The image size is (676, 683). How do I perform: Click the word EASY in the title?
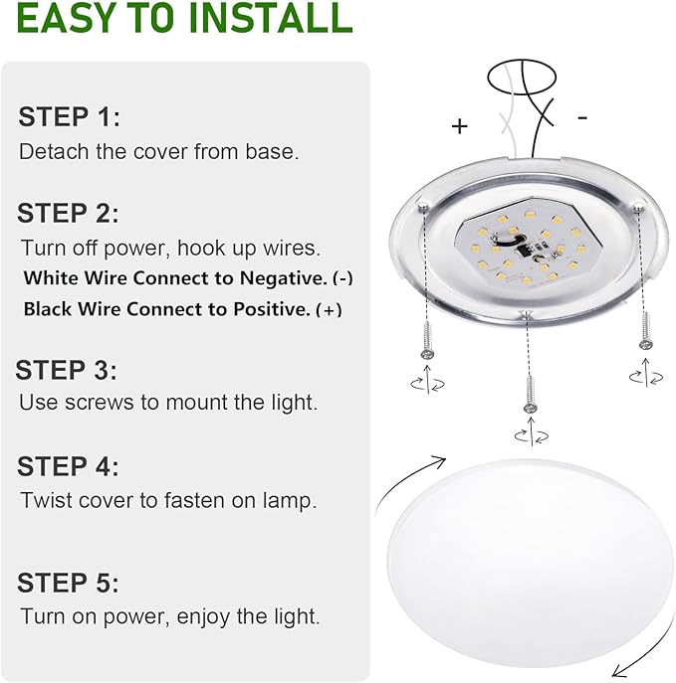click(x=74, y=18)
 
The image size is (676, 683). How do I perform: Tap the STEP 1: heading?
click(x=69, y=117)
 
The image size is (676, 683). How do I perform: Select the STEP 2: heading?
click(x=68, y=213)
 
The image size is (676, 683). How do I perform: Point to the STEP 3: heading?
click(x=67, y=371)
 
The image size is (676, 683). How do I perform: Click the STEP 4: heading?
click(x=68, y=466)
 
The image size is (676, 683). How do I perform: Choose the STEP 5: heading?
click(x=68, y=583)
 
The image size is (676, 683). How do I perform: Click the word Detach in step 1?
click(x=49, y=152)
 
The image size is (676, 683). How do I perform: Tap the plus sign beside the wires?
click(x=459, y=126)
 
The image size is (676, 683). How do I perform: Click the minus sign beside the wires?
click(x=582, y=117)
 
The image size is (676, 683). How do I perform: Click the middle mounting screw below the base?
click(x=529, y=391)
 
